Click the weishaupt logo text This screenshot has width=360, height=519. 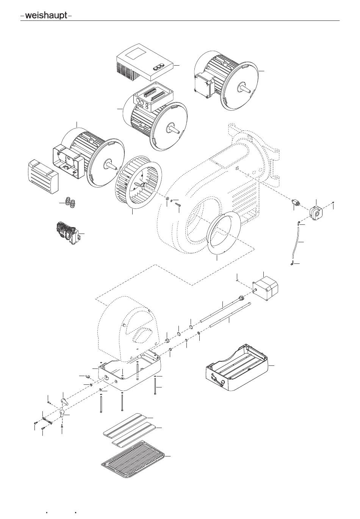(46, 16)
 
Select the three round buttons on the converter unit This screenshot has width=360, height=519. (158, 67)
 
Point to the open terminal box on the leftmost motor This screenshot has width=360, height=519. (68, 162)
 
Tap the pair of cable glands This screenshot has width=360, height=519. (70, 201)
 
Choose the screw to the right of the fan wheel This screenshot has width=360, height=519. (178, 204)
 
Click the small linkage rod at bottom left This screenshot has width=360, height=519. (47, 419)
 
